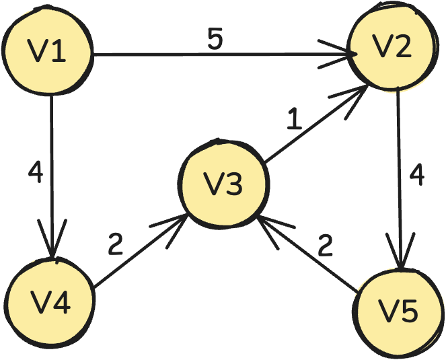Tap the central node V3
tap(223, 184)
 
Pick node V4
tap(50, 303)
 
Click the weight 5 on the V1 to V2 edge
tap(214, 40)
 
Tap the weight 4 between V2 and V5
tap(417, 175)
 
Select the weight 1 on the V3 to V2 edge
tap(293, 120)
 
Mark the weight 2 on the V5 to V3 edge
tap(326, 246)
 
